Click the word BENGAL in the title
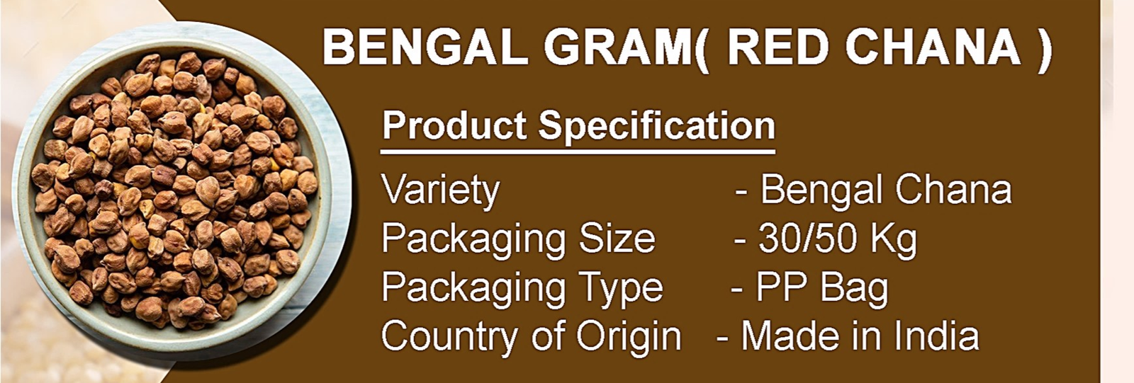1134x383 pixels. (x=425, y=47)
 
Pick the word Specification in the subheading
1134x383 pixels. (x=656, y=127)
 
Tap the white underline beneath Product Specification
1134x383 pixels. (x=578, y=152)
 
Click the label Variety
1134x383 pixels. (x=440, y=191)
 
